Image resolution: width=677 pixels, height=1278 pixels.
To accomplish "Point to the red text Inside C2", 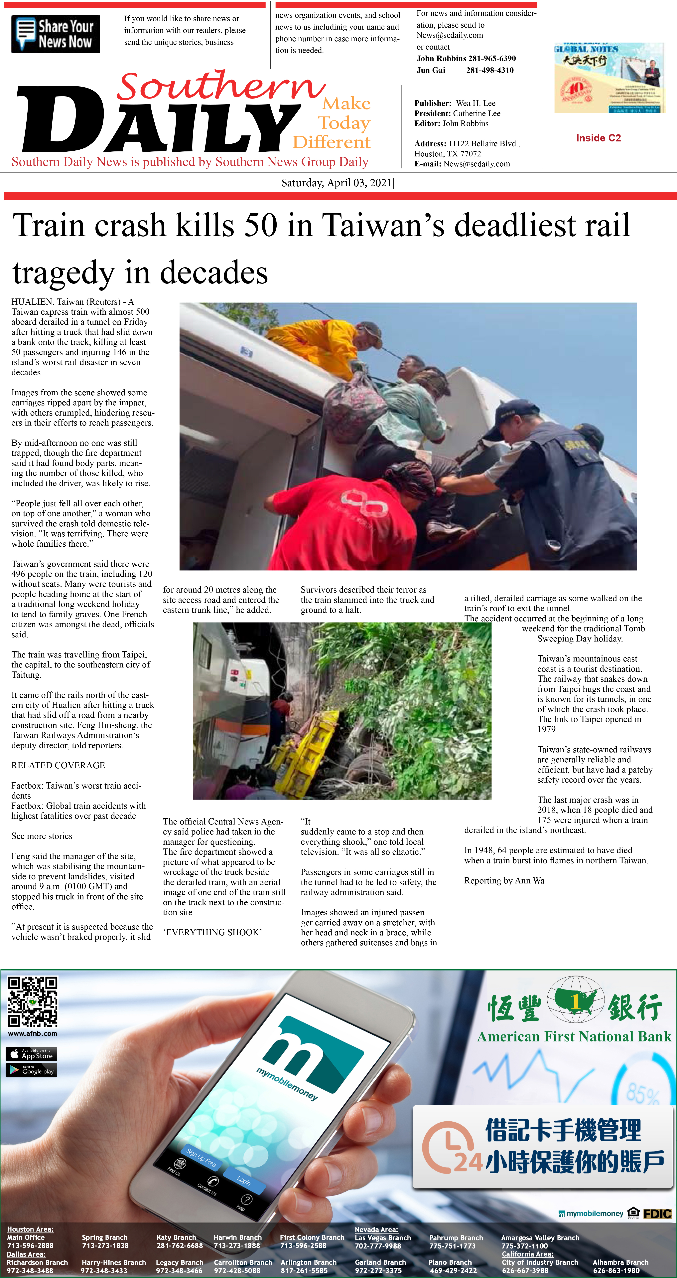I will tap(598, 138).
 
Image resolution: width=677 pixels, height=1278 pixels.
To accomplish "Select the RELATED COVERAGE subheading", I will tap(58, 765).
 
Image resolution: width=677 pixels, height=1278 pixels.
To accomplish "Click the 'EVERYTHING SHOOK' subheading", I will tap(212, 932).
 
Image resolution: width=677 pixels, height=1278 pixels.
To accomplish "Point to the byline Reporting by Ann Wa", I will tap(504, 881).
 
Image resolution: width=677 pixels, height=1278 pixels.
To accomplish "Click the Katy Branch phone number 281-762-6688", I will tap(180, 1246).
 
